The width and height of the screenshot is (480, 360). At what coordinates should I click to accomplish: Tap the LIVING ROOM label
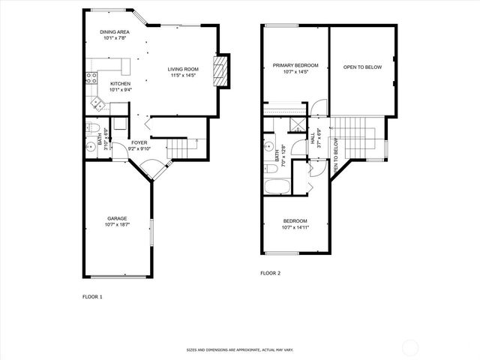pos(182,68)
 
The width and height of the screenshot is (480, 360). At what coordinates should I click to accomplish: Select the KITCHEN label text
pos(120,83)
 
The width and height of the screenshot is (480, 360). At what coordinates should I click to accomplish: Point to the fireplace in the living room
pos(220,71)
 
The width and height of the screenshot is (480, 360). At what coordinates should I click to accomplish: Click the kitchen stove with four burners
pos(91,76)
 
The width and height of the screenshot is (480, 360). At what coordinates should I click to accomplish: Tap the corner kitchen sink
pos(95,101)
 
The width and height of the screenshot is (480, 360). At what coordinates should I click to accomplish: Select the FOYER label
pos(139,142)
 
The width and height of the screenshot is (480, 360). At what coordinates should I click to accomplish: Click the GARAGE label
pos(117,218)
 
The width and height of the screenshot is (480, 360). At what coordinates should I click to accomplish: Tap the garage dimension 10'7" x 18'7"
pos(117,224)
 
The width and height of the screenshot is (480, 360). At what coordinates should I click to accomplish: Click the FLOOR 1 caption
pos(92,297)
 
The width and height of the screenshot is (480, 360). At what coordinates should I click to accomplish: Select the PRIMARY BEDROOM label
pos(291,65)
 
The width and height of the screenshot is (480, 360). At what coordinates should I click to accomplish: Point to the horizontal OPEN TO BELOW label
pos(362,67)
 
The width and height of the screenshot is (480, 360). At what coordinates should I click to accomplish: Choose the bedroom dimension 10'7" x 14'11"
pos(294,226)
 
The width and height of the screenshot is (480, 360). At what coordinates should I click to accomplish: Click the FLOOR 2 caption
pos(270,273)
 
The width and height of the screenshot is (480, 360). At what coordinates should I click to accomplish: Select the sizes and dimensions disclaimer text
pos(239,350)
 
